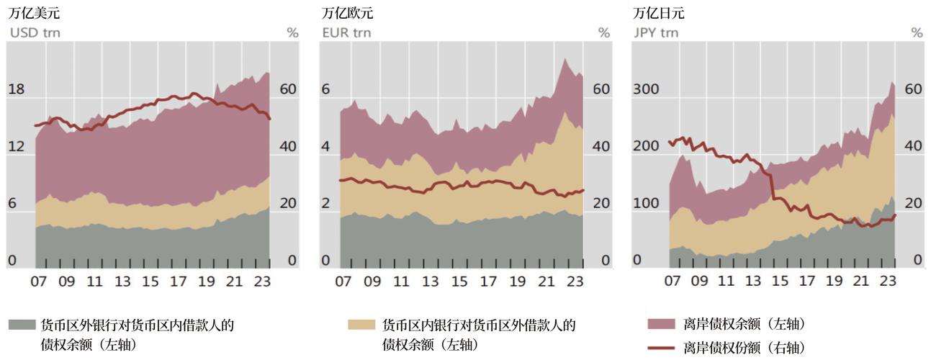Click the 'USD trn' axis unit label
click(33, 32)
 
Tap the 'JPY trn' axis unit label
click(656, 32)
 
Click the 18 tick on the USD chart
click(16, 89)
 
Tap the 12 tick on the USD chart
click(16, 146)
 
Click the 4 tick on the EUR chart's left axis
click(325, 146)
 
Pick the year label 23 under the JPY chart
click(888, 281)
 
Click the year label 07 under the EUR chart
click(344, 281)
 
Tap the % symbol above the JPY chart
click(917, 32)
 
